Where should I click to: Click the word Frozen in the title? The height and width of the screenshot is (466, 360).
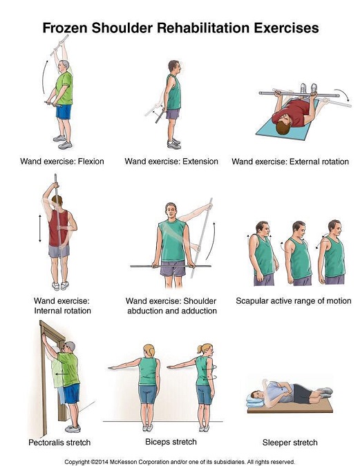65,28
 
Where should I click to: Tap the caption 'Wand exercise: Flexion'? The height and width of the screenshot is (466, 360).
62,162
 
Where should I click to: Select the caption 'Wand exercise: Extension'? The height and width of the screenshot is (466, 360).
171,162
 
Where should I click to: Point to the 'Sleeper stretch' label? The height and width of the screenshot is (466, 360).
290,443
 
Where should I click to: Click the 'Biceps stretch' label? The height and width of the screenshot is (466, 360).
171,442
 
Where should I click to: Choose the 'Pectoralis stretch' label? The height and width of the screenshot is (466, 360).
59,443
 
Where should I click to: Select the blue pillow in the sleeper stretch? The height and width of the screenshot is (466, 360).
255,400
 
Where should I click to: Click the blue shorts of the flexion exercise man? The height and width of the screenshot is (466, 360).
64,112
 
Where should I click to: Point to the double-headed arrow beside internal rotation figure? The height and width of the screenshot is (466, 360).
40,229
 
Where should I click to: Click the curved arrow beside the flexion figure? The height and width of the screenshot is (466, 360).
44,76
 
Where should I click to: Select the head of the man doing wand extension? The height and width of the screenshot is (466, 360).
174,66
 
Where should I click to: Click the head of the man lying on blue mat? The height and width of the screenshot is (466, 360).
283,125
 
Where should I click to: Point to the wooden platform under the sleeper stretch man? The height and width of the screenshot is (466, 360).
290,407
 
